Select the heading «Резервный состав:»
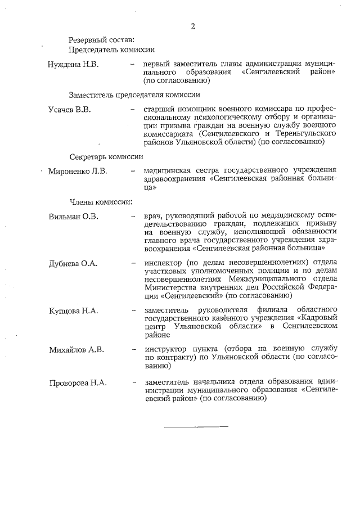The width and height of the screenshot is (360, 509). pos(101,40)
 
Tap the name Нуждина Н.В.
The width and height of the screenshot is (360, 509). pos(73,65)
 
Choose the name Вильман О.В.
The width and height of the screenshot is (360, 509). pos(73,215)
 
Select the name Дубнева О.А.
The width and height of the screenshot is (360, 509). pos(74,262)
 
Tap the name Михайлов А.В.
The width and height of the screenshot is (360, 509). pos(76,349)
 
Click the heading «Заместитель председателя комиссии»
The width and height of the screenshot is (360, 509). pos(135,94)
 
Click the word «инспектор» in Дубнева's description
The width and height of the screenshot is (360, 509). pos(163,262)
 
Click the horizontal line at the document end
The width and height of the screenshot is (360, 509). pos(196,426)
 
